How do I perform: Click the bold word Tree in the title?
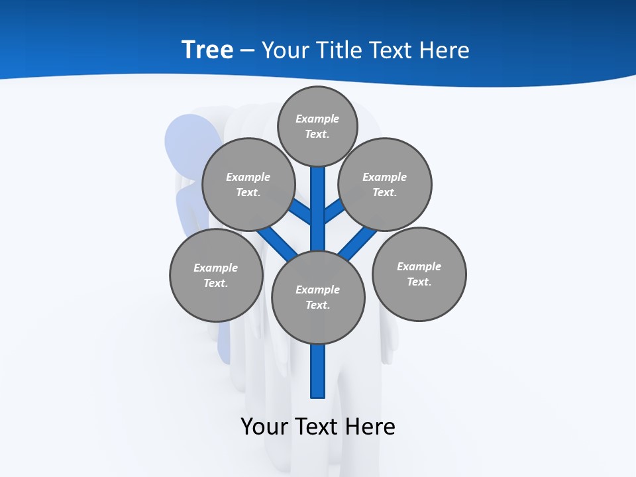207,50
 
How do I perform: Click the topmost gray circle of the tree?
318,126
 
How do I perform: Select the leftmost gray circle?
216,275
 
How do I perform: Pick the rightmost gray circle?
419,274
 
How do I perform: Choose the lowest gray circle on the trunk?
318,297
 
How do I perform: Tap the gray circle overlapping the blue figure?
248,184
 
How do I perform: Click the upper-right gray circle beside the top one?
385,184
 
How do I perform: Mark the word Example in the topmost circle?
317,119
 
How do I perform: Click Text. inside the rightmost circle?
419,282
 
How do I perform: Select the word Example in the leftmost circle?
215,268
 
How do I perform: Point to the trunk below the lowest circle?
318,371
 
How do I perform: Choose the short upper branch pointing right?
334,211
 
